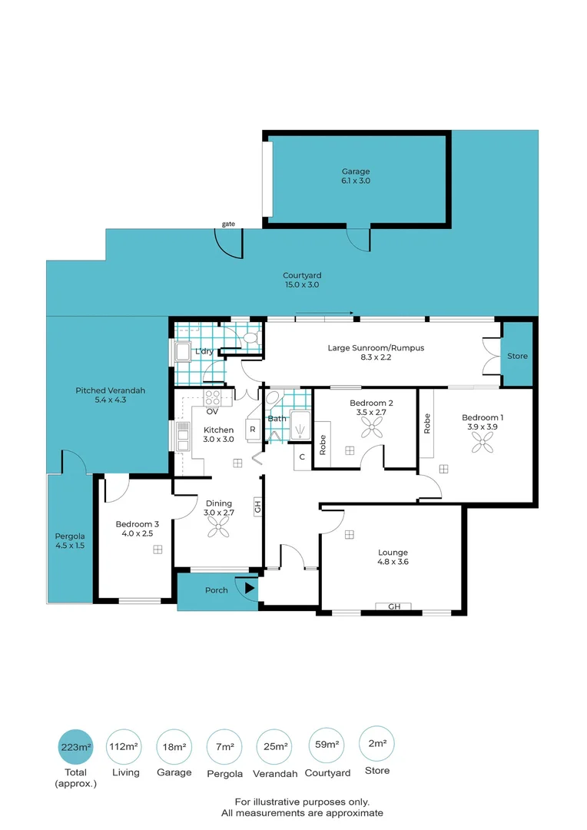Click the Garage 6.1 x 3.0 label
coord(356,176)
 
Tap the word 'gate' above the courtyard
coord(229,224)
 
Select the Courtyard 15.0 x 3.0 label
coord(302,280)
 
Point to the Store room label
coord(517,356)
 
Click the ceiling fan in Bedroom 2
coord(372,427)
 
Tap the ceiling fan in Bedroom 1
coord(483,442)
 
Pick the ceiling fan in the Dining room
coord(218,526)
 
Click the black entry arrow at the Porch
coord(249,588)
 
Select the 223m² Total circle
coord(76,747)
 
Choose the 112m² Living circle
coord(124,747)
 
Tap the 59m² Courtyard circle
coord(327,745)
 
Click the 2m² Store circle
coord(377,744)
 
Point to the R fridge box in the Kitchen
coord(253,430)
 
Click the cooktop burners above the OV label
coord(212,397)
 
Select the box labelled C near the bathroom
coord(302,456)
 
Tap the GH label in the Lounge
coord(394,606)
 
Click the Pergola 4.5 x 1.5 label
coord(70,540)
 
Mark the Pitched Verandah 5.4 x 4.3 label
coord(110,395)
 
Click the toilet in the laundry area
coord(251,337)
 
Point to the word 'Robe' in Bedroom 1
coord(427,423)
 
